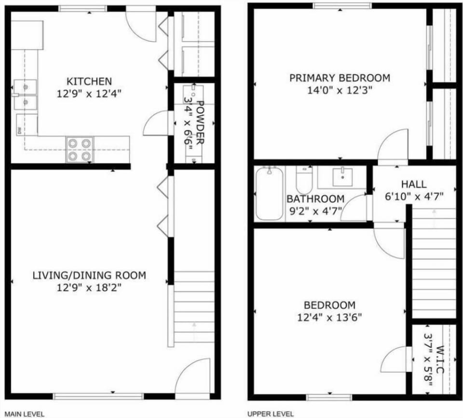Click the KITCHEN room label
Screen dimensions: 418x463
click(x=89, y=81)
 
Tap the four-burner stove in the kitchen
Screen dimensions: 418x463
click(x=80, y=149)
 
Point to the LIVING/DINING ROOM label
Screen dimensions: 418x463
click(x=89, y=276)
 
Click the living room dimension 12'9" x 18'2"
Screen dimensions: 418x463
click(x=89, y=288)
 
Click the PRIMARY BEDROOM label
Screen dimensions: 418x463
click(x=340, y=78)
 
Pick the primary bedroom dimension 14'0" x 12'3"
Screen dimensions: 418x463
click(x=340, y=90)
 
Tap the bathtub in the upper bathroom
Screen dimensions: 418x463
click(x=270, y=193)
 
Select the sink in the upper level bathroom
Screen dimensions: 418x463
click(x=342, y=177)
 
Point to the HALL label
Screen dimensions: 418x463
click(x=414, y=184)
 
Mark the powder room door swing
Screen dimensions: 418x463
click(x=157, y=124)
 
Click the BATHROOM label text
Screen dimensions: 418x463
click(x=315, y=199)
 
